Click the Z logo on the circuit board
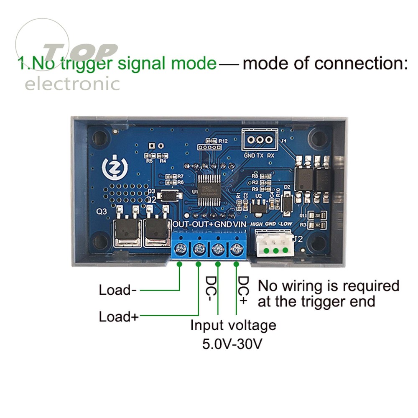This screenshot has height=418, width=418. click(114, 166)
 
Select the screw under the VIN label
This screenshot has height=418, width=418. click(237, 250)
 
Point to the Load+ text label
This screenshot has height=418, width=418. click(118, 316)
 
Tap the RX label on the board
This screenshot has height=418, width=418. click(271, 155)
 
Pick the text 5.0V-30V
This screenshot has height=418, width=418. click(232, 344)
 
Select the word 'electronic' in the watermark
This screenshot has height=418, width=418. click(72, 84)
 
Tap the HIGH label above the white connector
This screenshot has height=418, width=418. click(256, 224)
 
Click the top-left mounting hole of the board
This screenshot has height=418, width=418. click(100, 137)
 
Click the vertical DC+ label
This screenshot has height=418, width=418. click(243, 288)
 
